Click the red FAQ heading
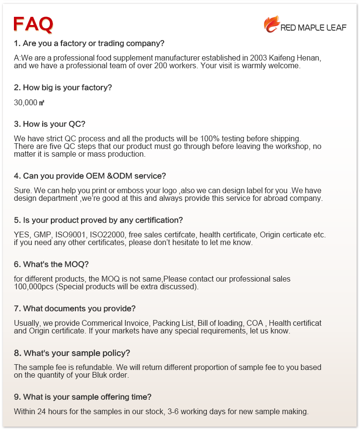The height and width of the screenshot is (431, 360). tap(33, 24)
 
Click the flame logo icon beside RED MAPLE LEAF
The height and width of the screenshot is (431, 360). tap(271, 24)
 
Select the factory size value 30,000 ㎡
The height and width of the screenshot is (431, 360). tap(29, 102)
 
